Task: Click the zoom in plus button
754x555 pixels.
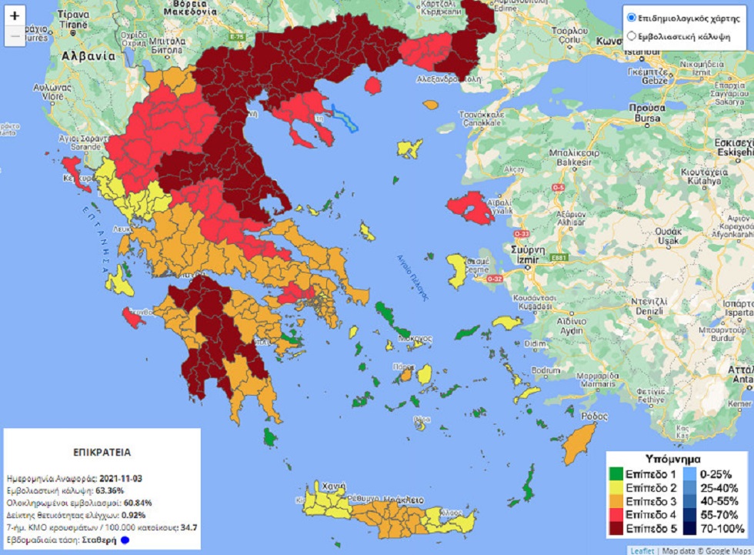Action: (x=15, y=15)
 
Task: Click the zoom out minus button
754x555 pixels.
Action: (x=15, y=35)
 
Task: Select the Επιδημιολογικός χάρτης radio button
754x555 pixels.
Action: (x=632, y=17)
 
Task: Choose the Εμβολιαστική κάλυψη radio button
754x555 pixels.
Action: (x=632, y=35)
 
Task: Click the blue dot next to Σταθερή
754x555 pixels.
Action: (x=124, y=540)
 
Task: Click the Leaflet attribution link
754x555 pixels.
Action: (x=642, y=550)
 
